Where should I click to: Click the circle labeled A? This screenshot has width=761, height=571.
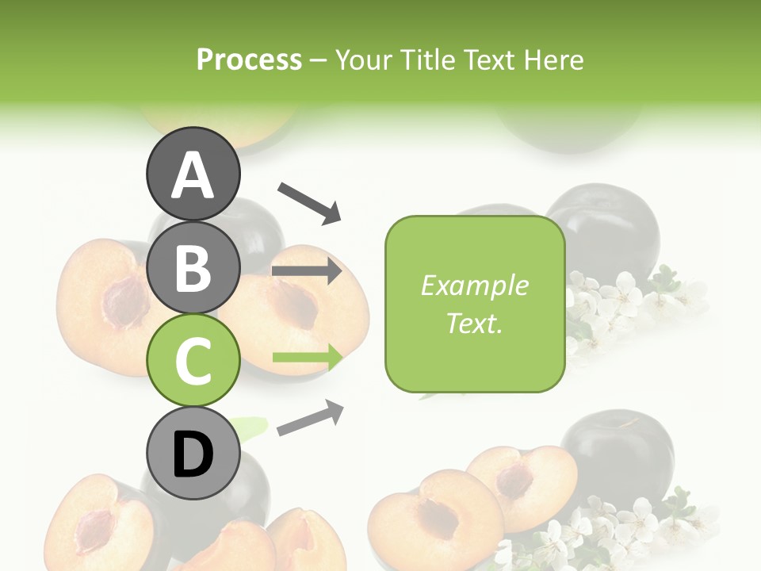tap(193, 175)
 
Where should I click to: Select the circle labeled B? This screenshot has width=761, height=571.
tap(193, 267)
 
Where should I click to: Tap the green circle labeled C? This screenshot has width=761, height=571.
tap(193, 360)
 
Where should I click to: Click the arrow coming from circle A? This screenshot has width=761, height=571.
tap(309, 202)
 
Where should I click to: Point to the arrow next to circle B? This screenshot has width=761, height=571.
tap(307, 271)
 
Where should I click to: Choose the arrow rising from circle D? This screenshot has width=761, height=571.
tap(310, 418)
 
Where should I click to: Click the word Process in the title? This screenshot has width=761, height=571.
tap(249, 59)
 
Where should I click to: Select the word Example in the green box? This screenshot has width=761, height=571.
tap(474, 285)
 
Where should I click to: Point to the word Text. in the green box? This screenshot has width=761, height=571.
tap(474, 323)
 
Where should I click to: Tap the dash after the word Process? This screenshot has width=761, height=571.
tap(318, 60)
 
